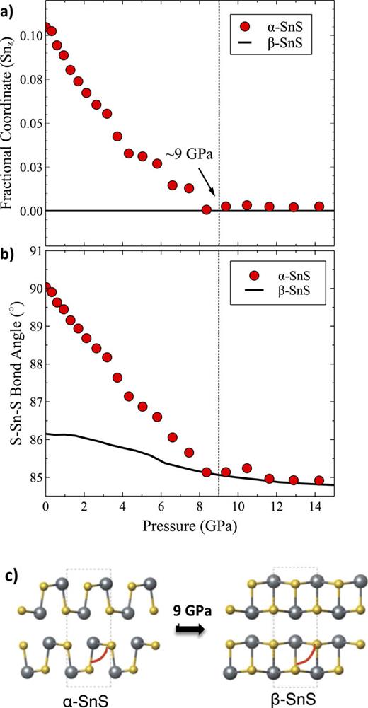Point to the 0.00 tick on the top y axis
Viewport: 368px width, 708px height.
pos(29,211)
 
